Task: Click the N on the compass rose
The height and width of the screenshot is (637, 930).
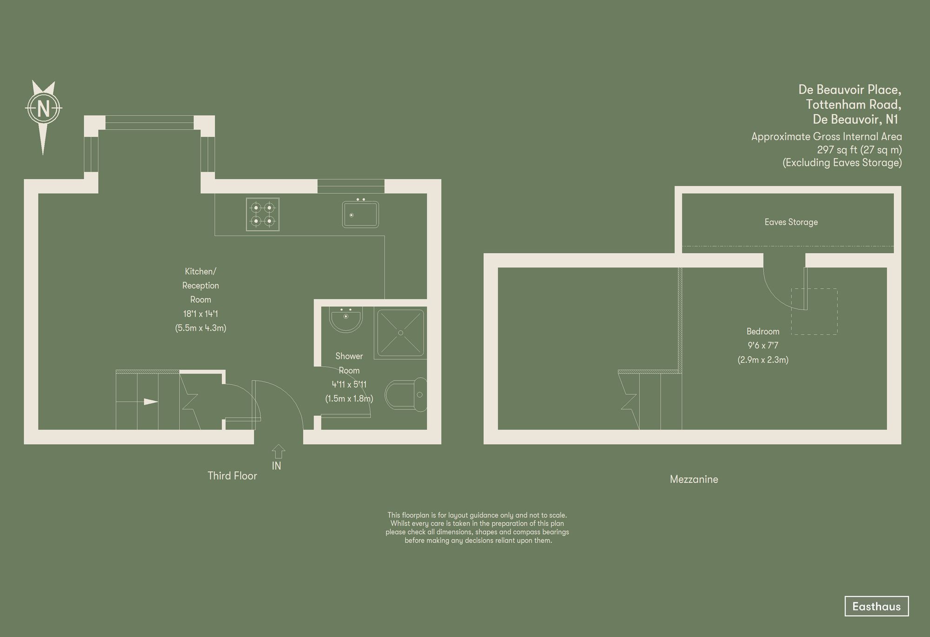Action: pos(43,109)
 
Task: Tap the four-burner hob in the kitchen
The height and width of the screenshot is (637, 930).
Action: pos(263,214)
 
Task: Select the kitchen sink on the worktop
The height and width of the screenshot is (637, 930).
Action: pos(360,214)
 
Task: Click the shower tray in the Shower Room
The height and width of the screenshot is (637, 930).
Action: pos(400,333)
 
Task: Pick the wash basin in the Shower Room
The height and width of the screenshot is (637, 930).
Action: pos(345,318)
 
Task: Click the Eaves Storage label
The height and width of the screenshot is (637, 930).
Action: pos(791,222)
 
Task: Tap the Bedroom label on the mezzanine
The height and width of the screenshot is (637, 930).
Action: pos(763,331)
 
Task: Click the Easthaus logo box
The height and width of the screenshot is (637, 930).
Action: pos(876,606)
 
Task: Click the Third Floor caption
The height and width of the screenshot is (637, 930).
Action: pos(232,476)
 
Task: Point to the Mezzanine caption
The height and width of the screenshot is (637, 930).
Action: pos(694,479)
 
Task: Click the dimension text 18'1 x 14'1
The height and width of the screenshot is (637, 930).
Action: pos(200,314)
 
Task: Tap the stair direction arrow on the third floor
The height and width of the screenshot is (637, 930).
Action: pos(151,401)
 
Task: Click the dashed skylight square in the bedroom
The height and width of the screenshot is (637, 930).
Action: pos(814,311)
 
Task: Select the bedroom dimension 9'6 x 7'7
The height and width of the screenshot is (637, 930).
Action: pos(763,346)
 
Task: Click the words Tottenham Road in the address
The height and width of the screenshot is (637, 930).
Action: pos(853,104)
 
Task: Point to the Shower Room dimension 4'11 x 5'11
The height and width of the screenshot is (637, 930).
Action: pos(349,384)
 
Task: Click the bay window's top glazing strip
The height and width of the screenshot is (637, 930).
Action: pos(149,123)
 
